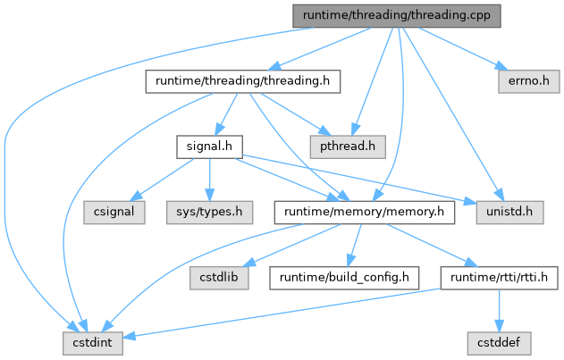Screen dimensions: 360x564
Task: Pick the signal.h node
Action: tap(209, 144)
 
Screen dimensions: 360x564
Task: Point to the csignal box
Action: tap(115, 212)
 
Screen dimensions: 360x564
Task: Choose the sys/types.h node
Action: tap(209, 212)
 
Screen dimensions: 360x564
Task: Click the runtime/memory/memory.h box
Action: tap(366, 212)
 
